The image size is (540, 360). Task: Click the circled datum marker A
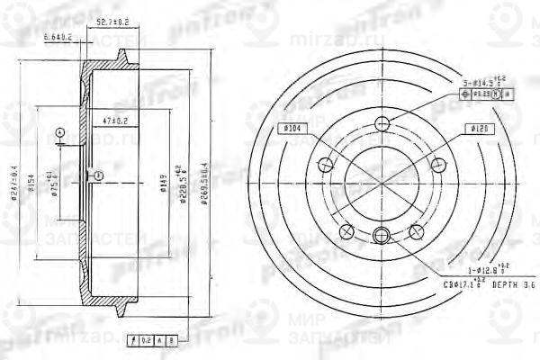(60, 132)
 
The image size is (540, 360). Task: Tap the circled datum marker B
(98, 175)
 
